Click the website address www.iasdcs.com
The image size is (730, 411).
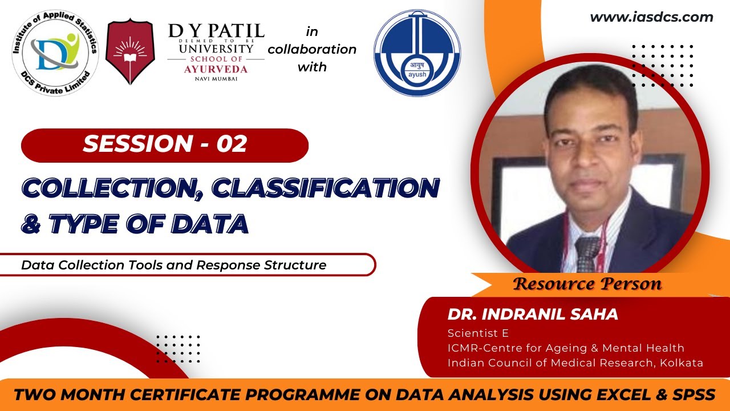pos(651,17)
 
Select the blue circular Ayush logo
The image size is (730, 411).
pos(417,53)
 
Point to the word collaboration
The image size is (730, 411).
pos(312,49)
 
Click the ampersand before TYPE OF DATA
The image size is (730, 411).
pos(30,224)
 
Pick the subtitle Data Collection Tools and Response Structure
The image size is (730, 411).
pos(174,265)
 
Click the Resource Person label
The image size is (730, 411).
pos(587,284)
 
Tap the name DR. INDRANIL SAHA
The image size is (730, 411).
pos(533,315)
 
